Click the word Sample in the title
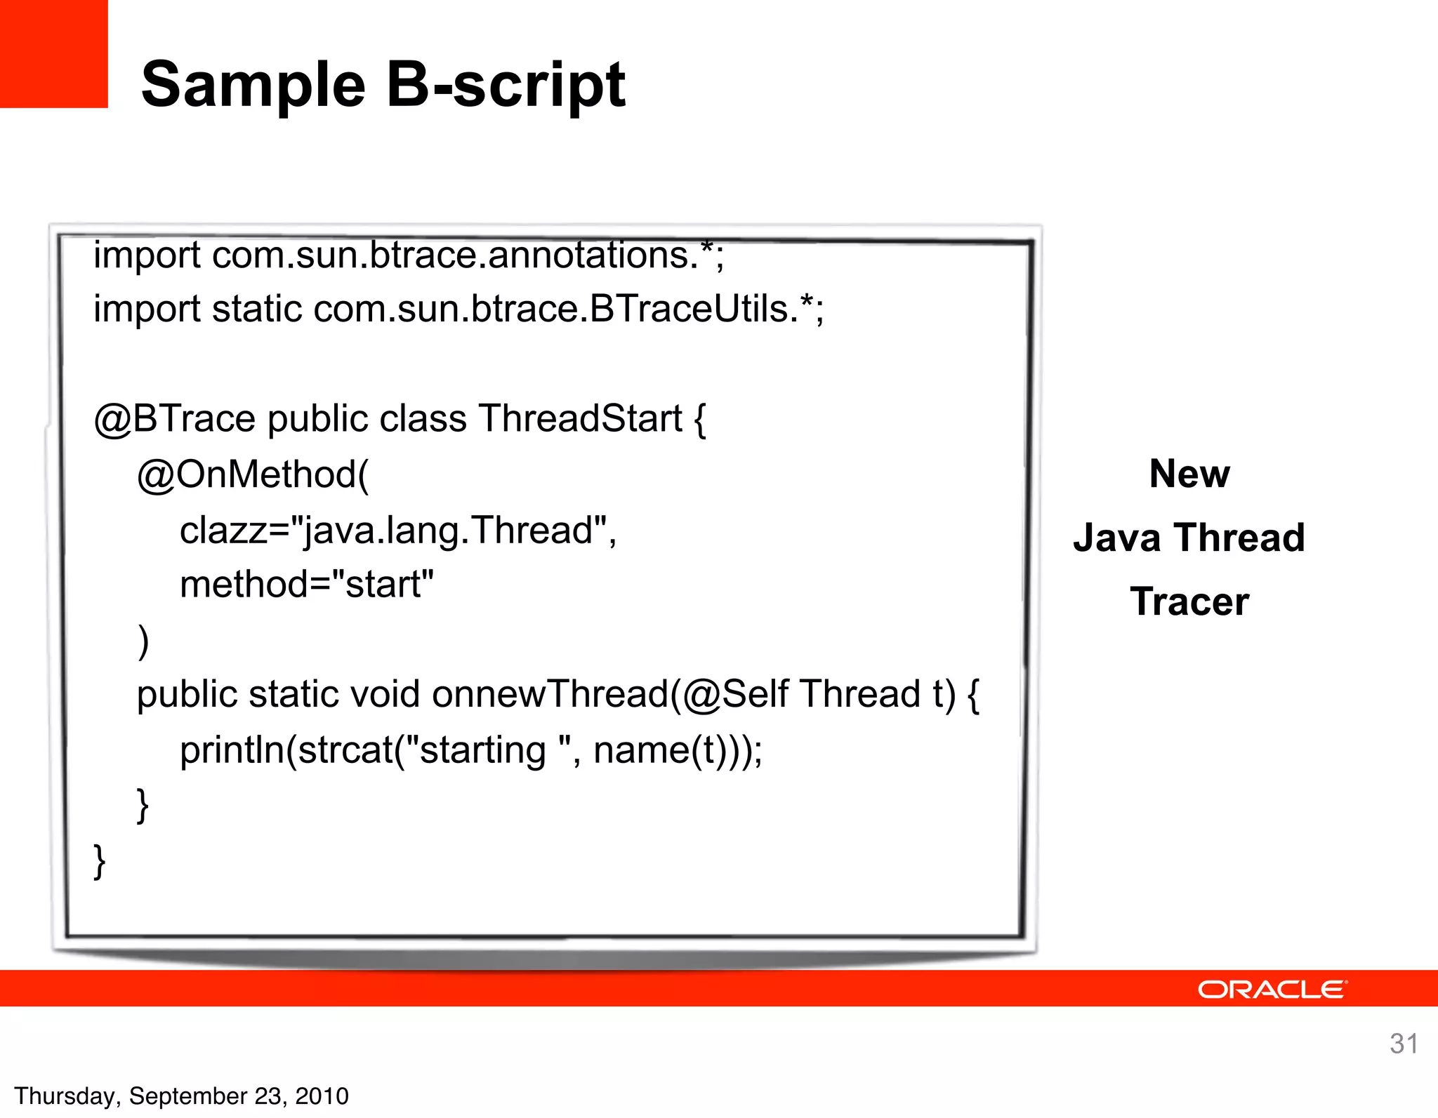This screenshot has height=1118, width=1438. [253, 86]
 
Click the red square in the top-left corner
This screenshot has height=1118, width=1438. [53, 53]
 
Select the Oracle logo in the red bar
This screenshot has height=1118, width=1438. [1272, 990]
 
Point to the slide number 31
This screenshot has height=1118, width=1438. [1403, 1044]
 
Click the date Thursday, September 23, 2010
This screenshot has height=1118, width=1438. [181, 1096]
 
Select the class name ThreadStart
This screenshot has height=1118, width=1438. [580, 419]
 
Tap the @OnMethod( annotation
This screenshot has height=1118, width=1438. [253, 475]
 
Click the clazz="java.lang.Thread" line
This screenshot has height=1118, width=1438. [397, 531]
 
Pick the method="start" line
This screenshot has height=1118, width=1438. [307, 585]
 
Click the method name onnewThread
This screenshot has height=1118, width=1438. [550, 694]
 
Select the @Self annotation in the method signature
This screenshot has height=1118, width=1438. [734, 694]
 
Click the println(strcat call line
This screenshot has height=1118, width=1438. [470, 750]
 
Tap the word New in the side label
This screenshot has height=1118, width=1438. [1189, 474]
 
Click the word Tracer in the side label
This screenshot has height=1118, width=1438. [1189, 602]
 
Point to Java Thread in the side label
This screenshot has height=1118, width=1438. [1189, 538]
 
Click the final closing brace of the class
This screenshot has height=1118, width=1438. [100, 860]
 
